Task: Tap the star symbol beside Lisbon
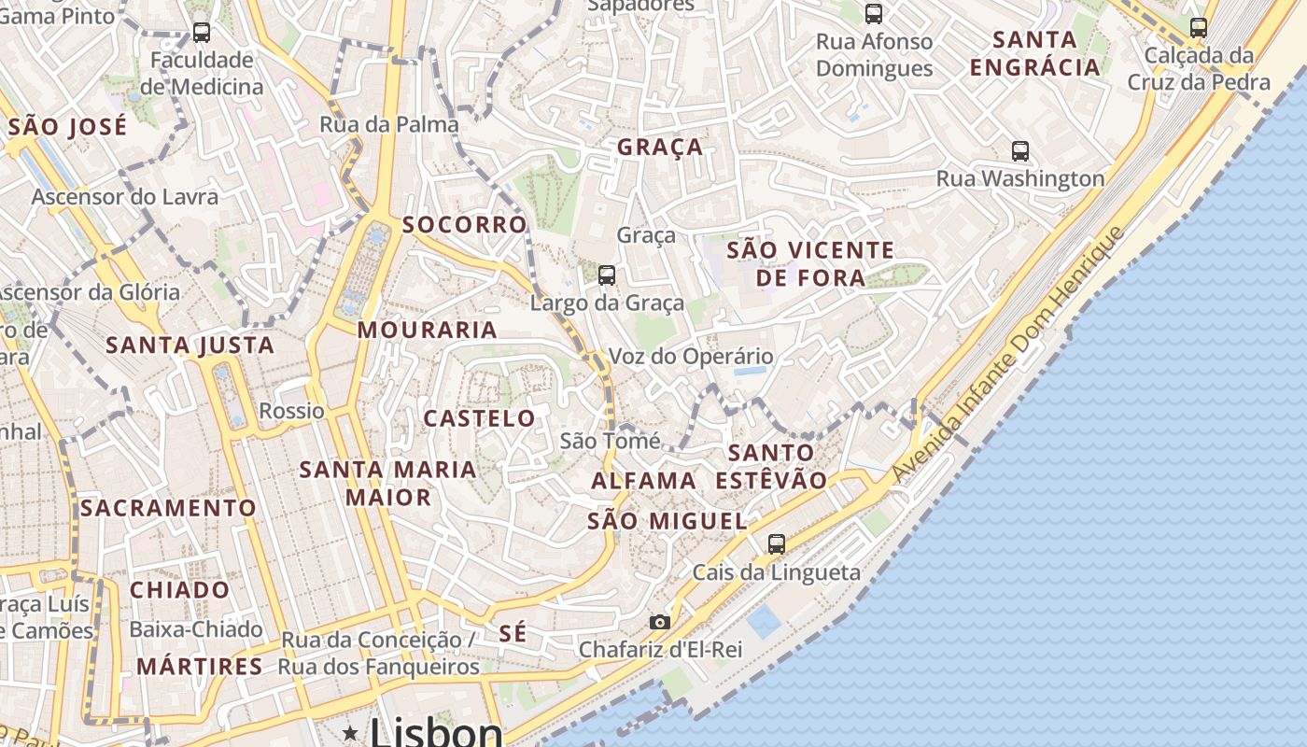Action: tap(350, 733)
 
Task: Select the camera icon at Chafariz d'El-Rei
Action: tap(660, 622)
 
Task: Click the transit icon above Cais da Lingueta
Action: tap(776, 543)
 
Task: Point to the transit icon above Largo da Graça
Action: tap(607, 275)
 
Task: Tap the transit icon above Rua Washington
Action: tap(1020, 150)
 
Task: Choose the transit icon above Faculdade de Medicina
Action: tap(202, 33)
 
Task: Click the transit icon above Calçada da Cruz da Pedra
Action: tap(1199, 27)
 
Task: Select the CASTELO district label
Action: tap(480, 418)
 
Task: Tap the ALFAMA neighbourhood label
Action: tap(644, 481)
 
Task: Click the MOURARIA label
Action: tap(428, 330)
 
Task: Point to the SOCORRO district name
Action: tap(465, 225)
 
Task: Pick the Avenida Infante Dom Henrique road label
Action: tap(1008, 355)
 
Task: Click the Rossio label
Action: tap(292, 411)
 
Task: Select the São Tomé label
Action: tap(610, 441)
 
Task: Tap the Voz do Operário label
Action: tap(691, 356)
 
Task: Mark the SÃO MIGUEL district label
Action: tap(668, 521)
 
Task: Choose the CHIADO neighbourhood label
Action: tap(179, 590)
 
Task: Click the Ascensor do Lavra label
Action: tap(125, 197)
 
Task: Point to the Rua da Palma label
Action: tap(389, 124)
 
